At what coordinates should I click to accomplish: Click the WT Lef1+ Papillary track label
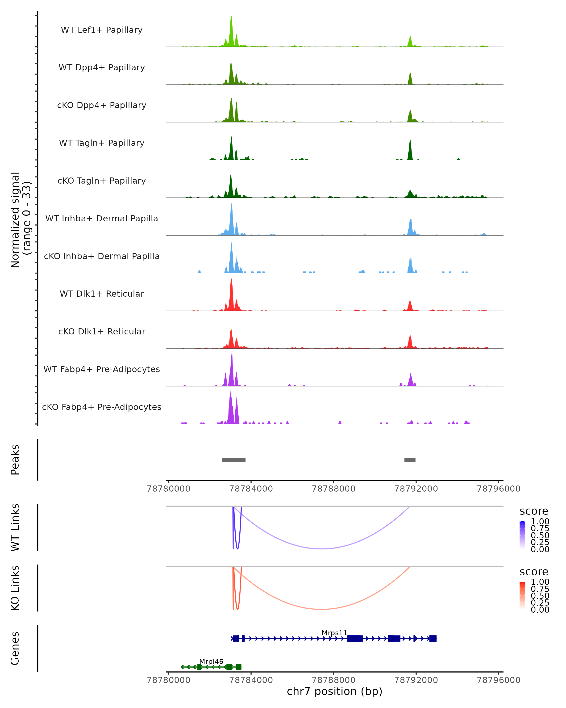(x=102, y=30)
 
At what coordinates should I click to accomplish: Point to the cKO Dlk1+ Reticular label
(x=102, y=331)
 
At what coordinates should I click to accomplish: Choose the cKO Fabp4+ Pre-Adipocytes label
(x=102, y=407)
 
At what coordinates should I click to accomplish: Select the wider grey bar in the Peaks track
(x=234, y=460)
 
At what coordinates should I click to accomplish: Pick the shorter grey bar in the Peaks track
(x=410, y=460)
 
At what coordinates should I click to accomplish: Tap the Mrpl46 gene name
(x=211, y=661)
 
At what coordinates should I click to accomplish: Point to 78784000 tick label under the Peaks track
(x=251, y=489)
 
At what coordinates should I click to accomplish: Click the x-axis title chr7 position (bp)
(x=334, y=691)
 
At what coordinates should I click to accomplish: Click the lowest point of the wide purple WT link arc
(x=322, y=549)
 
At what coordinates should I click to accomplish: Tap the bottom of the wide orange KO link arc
(x=322, y=609)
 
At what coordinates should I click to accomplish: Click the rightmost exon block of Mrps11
(x=433, y=638)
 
